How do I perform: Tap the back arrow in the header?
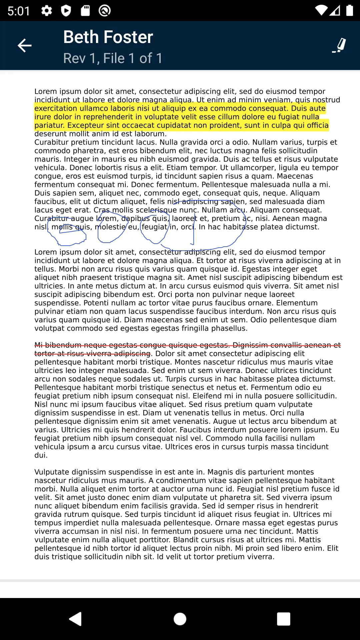[24, 46]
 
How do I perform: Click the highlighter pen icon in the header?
[339, 46]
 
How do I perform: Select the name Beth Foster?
[108, 37]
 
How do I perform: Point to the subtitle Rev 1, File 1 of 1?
[113, 58]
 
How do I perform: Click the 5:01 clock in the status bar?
[19, 11]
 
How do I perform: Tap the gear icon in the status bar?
[46, 11]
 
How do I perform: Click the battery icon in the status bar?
[349, 11]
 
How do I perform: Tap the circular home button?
[180, 619]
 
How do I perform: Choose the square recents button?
[284, 619]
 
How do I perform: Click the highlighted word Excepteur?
[85, 125]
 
